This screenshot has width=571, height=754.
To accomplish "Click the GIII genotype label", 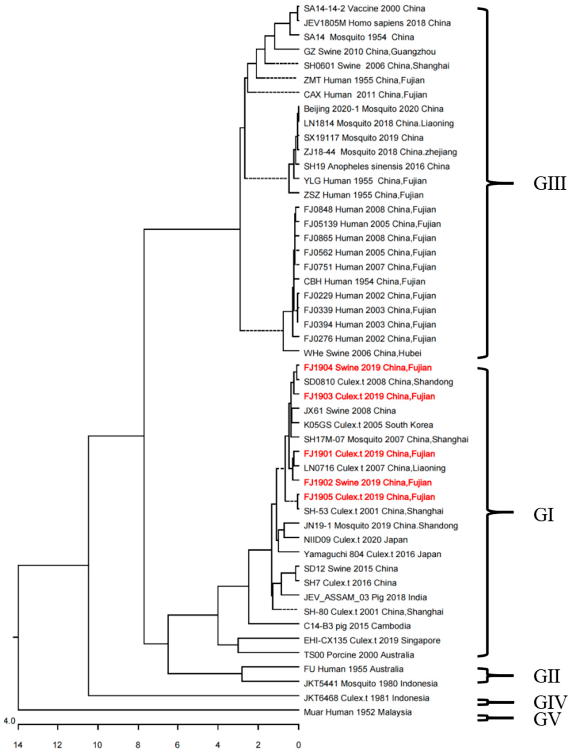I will coord(549,184).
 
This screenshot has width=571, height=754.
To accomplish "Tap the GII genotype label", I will coord(547,676).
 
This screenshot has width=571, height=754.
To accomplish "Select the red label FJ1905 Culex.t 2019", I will coord(369,497).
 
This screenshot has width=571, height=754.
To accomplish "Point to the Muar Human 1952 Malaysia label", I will coord(358,712).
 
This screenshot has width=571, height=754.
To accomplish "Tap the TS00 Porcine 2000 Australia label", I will coord(359,655).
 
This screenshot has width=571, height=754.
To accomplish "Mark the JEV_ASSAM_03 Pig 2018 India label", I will coord(365,597).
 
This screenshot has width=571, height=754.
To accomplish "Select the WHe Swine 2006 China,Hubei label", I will coord(362,353).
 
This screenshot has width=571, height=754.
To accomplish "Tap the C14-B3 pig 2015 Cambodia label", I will coord(357,626).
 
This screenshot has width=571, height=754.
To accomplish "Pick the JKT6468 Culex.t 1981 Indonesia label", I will coord(366,698).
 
